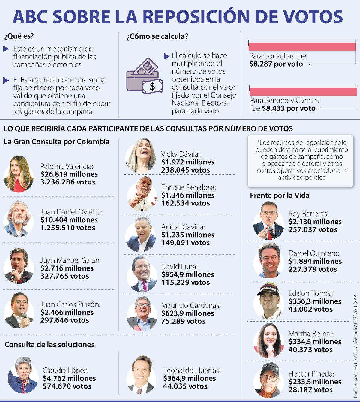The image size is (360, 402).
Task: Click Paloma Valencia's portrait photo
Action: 19,174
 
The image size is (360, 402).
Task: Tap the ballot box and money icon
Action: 144,76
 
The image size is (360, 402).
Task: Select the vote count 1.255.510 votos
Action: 68,228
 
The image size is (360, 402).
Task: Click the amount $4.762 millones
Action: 69,378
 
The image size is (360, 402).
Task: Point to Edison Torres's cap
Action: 268,289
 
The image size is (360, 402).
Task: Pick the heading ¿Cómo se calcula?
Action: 157,37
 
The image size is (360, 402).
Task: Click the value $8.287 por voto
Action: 276,64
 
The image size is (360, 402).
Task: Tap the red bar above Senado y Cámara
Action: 303,91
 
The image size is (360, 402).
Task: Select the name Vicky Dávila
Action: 181,154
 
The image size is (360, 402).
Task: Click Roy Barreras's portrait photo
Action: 268,220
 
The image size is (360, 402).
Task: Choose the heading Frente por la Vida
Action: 280,196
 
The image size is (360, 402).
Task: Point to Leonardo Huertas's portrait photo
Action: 141,375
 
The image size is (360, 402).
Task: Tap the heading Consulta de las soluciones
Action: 49,344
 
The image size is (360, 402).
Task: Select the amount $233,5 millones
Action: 315,382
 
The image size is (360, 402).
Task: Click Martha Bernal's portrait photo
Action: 269,340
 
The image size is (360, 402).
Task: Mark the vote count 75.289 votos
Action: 183,321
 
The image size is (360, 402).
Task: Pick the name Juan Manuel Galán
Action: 70,260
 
